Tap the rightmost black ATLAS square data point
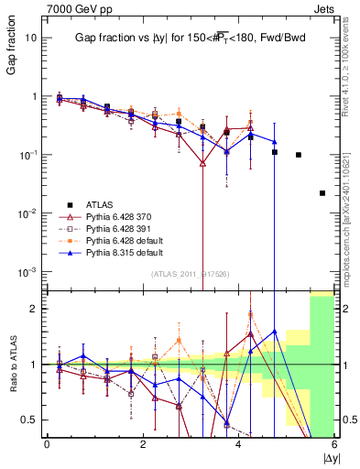(322, 193)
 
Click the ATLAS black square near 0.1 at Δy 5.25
(299, 155)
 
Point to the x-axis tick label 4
(238, 444)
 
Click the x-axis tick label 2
(143, 444)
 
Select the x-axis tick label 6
(334, 444)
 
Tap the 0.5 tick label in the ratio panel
(30, 420)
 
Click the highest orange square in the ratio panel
(250, 315)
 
